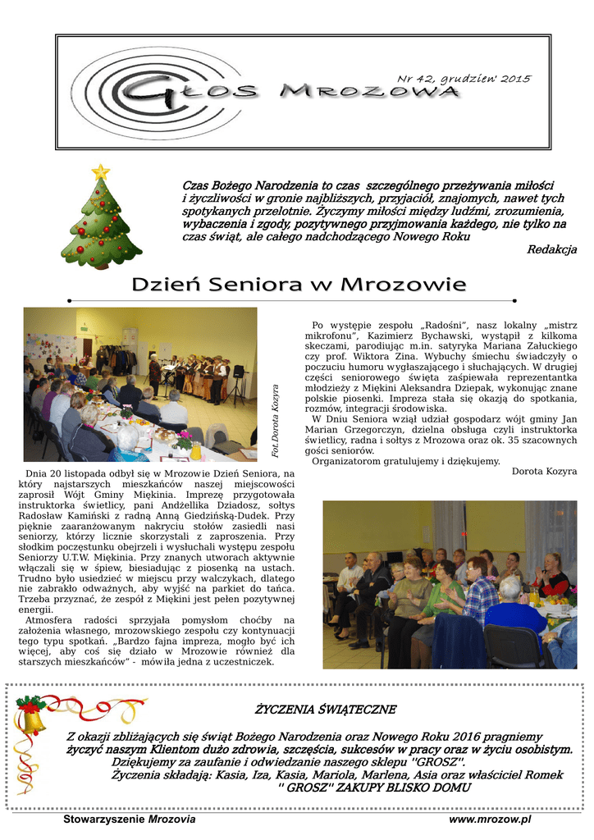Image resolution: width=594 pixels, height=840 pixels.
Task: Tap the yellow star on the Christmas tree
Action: (x=100, y=171)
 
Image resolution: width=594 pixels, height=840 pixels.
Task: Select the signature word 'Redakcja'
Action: (x=551, y=249)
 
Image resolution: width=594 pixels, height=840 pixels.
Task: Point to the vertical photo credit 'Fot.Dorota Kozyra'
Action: (x=276, y=420)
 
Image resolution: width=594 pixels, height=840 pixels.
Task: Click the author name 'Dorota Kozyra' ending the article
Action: (x=544, y=471)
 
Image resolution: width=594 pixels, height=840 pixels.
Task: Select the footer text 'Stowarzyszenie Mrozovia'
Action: (x=130, y=819)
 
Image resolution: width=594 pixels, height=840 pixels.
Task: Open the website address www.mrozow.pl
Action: (x=491, y=819)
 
